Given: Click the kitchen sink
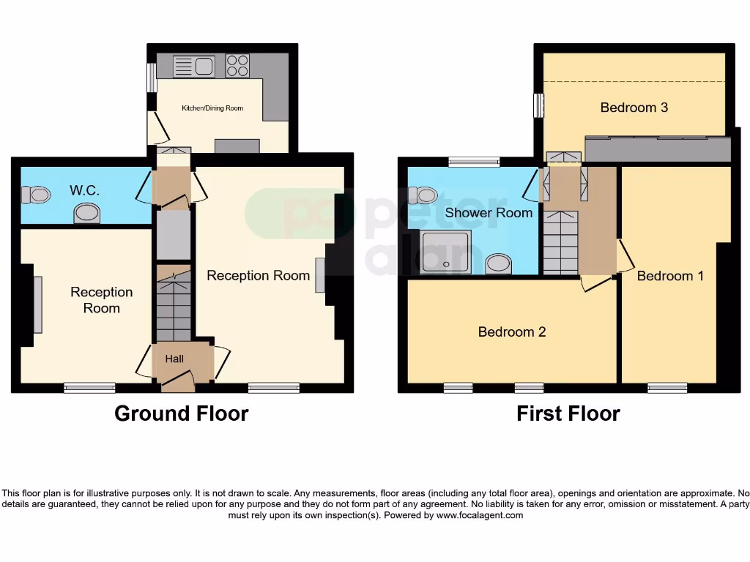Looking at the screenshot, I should [193, 67].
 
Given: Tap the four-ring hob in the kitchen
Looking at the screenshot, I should [237, 66].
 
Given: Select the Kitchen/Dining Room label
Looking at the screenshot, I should [212, 108].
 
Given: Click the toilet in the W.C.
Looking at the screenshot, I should [36, 195].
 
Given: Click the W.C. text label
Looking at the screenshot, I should [84, 190].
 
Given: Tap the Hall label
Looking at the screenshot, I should [174, 359].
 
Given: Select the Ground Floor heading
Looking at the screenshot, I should [181, 413].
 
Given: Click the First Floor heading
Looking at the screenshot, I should [568, 413].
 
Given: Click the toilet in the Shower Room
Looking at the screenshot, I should [423, 195].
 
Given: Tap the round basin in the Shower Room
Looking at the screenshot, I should [499, 263].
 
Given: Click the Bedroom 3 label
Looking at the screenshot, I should [634, 108].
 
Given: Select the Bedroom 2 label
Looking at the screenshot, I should [511, 331].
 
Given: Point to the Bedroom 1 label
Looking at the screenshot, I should [669, 276].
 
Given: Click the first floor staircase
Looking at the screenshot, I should [560, 241].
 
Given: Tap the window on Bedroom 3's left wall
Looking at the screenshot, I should [539, 105].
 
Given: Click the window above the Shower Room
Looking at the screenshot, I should [474, 162].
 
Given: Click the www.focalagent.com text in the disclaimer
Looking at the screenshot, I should [480, 515].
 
